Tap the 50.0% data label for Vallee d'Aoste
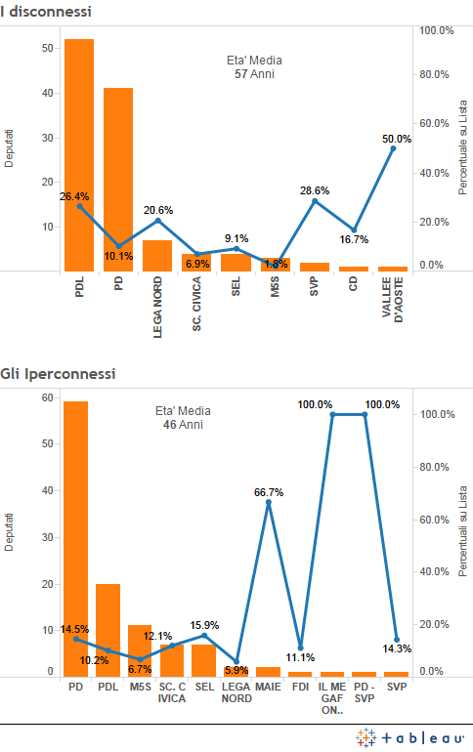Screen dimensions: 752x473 396,139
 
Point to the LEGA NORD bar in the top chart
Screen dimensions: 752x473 157,255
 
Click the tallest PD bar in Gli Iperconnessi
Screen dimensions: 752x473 75,538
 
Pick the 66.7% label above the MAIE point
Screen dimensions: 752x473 268,493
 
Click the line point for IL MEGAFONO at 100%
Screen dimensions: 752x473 332,414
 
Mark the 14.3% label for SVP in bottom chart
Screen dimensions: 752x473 397,648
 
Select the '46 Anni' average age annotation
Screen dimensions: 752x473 184,425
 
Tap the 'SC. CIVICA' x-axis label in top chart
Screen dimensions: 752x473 196,307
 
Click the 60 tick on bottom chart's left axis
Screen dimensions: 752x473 46,397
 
